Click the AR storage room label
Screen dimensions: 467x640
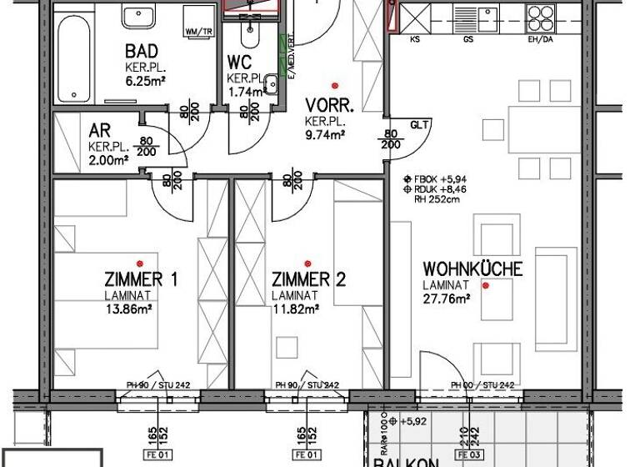pos(101,131)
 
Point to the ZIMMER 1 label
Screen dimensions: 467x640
pos(141,279)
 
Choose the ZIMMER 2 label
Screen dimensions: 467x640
pos(308,279)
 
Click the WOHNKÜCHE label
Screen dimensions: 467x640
pos(472,269)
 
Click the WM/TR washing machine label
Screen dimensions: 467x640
pos(197,33)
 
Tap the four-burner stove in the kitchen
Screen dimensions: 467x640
pos(539,18)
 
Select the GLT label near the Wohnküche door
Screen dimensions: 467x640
pos(419,126)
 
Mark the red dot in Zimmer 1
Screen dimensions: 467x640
pos(141,263)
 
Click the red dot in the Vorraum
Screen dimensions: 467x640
pos(335,85)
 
